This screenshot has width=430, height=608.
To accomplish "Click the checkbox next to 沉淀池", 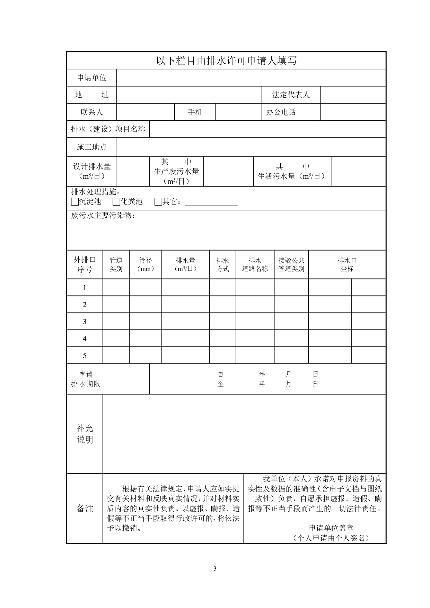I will click(75, 202).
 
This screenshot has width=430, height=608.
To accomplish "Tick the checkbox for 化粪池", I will click(116, 202).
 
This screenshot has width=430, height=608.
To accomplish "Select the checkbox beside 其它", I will click(158, 202).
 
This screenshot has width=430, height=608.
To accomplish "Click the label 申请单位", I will click(92, 78).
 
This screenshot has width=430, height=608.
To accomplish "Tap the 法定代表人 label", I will click(291, 95).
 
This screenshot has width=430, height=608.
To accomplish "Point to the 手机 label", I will click(195, 112).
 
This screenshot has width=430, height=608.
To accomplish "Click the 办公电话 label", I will click(281, 112).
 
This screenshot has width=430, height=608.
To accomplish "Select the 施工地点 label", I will click(92, 147).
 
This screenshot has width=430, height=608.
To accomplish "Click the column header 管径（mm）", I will click(146, 264).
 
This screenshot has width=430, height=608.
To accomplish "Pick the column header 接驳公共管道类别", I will click(291, 264).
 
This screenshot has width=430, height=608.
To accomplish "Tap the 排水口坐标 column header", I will click(347, 264).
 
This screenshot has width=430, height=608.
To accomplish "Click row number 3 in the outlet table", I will click(85, 322).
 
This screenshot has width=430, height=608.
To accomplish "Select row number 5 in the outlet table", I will click(85, 356).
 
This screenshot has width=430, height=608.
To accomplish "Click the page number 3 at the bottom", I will click(215, 568).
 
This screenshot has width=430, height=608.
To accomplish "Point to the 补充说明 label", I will click(85, 434).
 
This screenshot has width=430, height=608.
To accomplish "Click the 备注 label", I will click(85, 509).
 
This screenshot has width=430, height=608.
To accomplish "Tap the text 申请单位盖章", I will click(331, 528).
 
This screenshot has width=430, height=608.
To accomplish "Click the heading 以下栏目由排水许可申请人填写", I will click(226, 61).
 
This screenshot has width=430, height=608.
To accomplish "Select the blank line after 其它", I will click(211, 202).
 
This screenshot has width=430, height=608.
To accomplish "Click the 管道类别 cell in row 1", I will click(116, 288).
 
